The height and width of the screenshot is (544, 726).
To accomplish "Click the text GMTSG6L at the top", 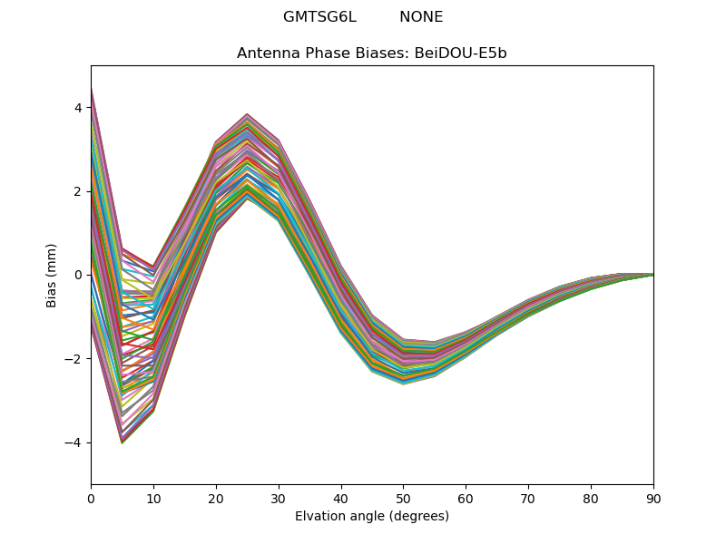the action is click(320, 17).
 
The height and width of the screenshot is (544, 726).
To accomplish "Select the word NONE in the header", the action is click(421, 17).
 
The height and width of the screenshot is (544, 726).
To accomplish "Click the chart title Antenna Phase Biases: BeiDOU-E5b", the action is click(372, 53).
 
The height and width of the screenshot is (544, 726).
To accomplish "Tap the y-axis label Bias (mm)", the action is click(51, 276).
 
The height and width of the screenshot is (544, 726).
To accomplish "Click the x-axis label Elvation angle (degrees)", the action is click(372, 516).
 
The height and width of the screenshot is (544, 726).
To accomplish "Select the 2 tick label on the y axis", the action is click(78, 191).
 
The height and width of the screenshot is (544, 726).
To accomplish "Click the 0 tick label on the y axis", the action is click(78, 276).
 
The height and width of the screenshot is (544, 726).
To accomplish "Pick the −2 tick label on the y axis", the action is click(74, 359).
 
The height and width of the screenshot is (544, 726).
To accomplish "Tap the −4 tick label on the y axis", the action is click(74, 442).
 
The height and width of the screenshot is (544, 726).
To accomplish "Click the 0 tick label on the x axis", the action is click(92, 500).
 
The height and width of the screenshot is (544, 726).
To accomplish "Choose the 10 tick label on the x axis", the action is click(153, 500).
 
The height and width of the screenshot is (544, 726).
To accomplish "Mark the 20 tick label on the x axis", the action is click(216, 500).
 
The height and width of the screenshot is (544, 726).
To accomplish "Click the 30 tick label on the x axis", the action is click(279, 500).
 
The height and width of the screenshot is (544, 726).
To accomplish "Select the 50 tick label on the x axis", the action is click(404, 500).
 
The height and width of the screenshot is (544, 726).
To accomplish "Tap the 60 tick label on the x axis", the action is click(466, 500).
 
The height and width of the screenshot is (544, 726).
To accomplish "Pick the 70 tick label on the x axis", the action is click(529, 500).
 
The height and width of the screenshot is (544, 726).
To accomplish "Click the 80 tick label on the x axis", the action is click(592, 500).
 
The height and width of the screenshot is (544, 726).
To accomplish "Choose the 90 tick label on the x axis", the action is click(653, 500).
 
